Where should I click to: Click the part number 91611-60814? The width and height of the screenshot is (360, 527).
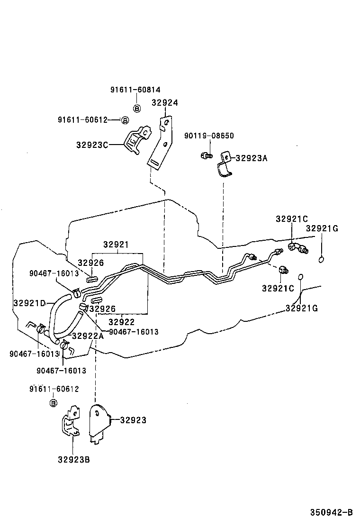(x=135, y=90)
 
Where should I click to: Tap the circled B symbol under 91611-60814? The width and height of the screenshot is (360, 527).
(x=136, y=109)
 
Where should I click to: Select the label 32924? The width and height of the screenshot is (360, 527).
(x=165, y=102)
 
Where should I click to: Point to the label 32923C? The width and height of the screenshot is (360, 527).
(x=92, y=145)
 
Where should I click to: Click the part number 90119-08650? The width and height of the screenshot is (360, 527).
(x=209, y=136)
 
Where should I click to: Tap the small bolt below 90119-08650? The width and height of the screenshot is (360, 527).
(x=206, y=155)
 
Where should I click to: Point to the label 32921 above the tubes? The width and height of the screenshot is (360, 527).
(x=116, y=245)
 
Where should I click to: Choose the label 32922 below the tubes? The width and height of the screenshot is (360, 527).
(x=122, y=322)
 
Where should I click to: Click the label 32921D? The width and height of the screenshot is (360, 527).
(x=29, y=303)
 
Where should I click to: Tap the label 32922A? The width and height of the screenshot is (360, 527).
(x=88, y=336)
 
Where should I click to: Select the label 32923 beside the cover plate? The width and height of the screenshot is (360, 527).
(x=133, y=420)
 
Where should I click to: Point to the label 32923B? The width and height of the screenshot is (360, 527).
(x=74, y=459)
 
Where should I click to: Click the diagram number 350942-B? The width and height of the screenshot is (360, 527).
(x=332, y=512)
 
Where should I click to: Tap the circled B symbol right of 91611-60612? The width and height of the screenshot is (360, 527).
(x=125, y=120)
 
